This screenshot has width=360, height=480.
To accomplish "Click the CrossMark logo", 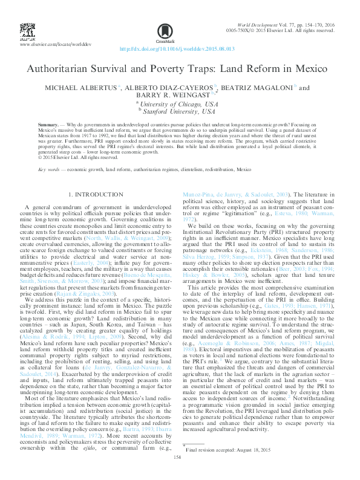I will (x=163, y=31).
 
